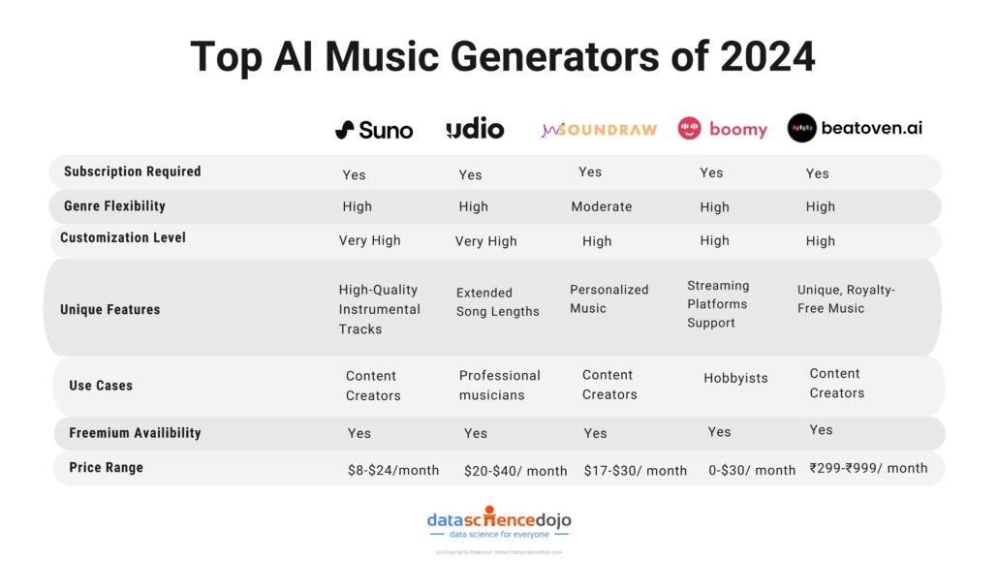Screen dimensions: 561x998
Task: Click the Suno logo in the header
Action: click(x=374, y=130)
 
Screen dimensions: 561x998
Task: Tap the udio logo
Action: click(x=475, y=129)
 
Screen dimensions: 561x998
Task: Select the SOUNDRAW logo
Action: click(x=599, y=129)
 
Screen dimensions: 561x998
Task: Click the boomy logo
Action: click(x=722, y=129)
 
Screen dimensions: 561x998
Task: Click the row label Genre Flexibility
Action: click(x=115, y=206)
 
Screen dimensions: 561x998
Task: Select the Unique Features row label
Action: click(x=109, y=310)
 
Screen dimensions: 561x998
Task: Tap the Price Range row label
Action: click(x=106, y=468)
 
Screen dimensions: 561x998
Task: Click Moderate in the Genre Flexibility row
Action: click(x=602, y=206)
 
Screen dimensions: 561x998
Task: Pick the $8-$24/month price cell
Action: click(x=393, y=470)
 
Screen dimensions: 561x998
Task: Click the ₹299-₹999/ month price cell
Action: click(x=868, y=468)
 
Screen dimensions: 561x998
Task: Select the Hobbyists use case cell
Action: click(x=735, y=379)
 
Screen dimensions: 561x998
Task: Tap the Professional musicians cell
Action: click(x=500, y=386)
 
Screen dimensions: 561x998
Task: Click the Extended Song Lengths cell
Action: click(x=498, y=302)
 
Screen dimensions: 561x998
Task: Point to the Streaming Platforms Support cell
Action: click(x=718, y=304)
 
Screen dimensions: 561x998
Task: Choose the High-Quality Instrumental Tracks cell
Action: click(x=380, y=309)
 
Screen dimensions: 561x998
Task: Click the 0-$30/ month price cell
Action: click(x=752, y=470)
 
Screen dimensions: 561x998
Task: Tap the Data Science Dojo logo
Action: click(x=499, y=524)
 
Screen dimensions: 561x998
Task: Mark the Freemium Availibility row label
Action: click(x=135, y=433)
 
